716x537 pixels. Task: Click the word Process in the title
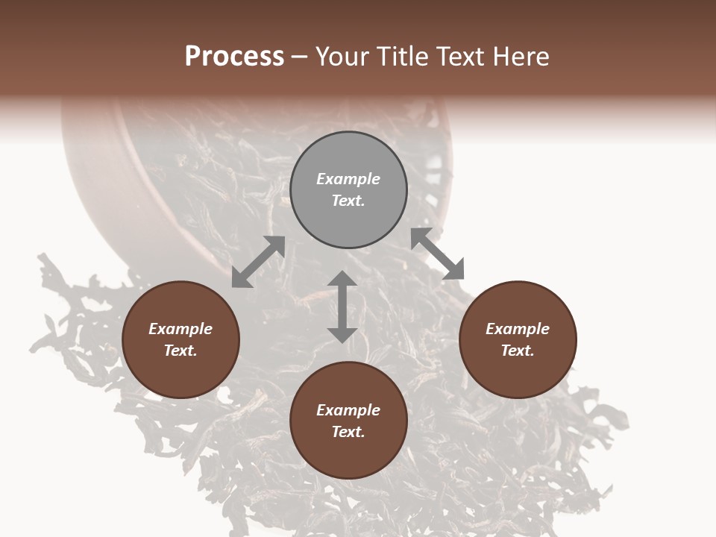(x=234, y=57)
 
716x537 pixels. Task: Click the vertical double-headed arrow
(x=342, y=307)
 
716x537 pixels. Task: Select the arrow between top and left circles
(x=258, y=262)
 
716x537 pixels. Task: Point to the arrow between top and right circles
(x=438, y=254)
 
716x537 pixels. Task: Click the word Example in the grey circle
(x=348, y=179)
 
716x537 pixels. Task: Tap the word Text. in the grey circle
(x=348, y=201)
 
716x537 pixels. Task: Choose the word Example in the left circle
(x=180, y=329)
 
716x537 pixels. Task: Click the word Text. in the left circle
(x=180, y=351)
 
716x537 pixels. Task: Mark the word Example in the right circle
(x=518, y=329)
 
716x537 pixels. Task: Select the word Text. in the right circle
(x=518, y=351)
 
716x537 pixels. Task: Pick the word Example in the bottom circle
(x=348, y=410)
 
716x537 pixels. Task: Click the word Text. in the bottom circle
(x=348, y=432)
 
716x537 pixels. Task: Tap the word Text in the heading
(x=464, y=57)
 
